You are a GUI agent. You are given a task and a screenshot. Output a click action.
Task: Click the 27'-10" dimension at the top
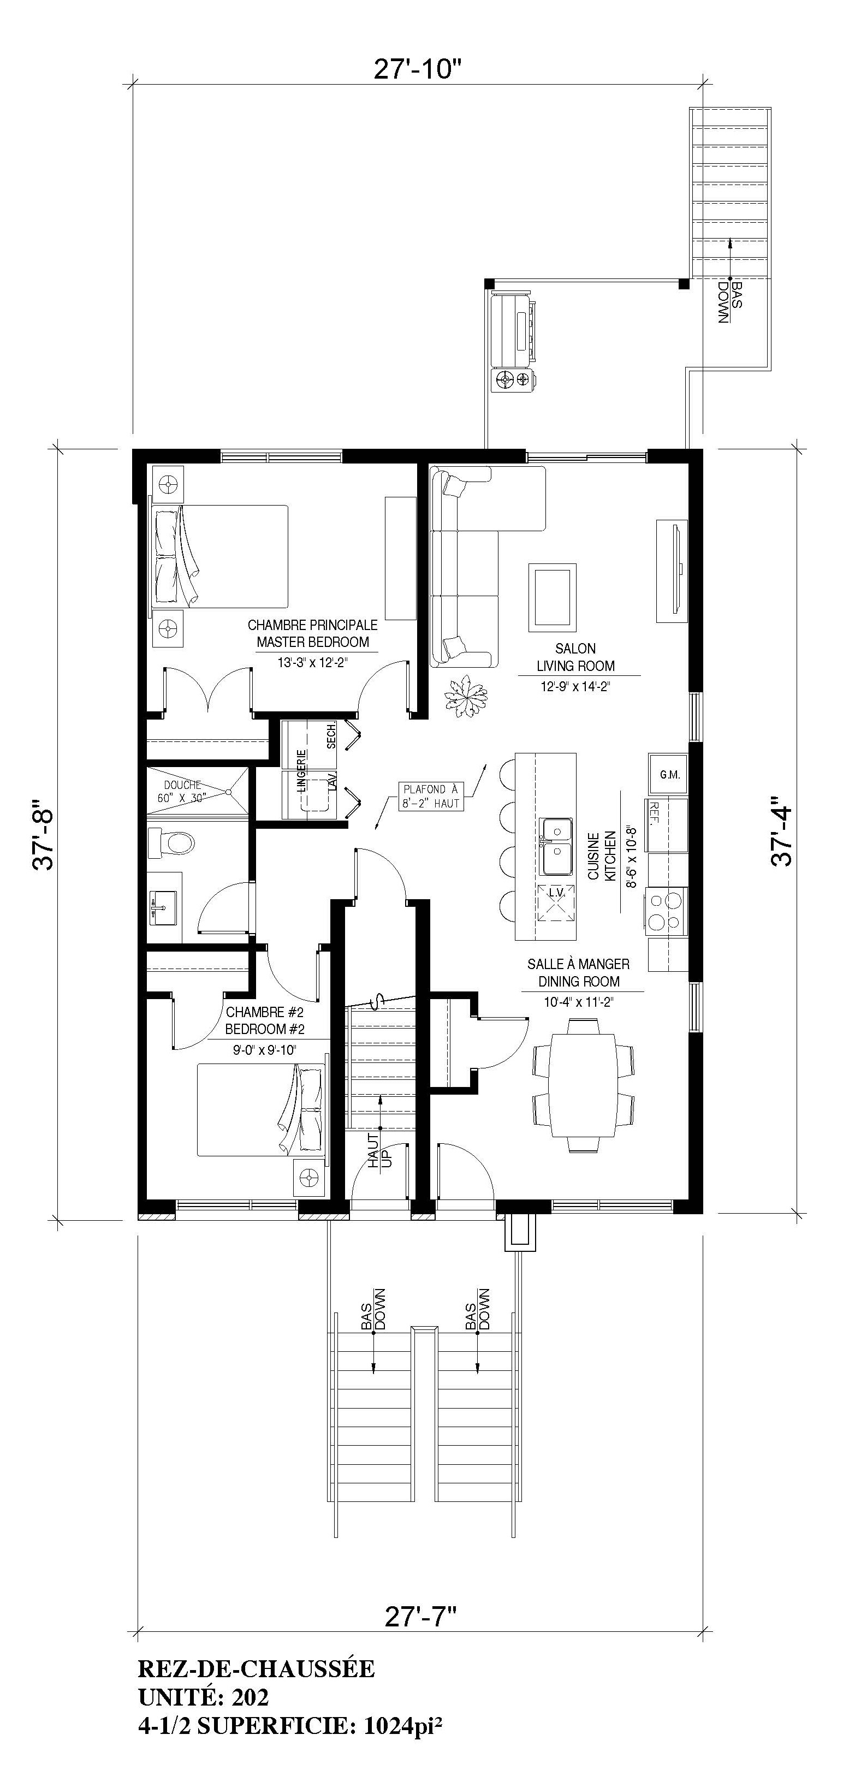pos(417,69)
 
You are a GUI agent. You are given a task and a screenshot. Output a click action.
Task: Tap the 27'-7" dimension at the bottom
pos(421,1617)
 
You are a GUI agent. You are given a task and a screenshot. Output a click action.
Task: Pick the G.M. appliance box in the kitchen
pos(669,774)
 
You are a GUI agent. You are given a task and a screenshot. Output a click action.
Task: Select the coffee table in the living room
pos(551,598)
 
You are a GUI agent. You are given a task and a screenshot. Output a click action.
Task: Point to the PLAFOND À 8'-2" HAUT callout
pos(430,796)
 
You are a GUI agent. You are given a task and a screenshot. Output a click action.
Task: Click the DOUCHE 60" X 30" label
pos(183,791)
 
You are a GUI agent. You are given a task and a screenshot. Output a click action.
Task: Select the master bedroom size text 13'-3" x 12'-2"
pos(312,662)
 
